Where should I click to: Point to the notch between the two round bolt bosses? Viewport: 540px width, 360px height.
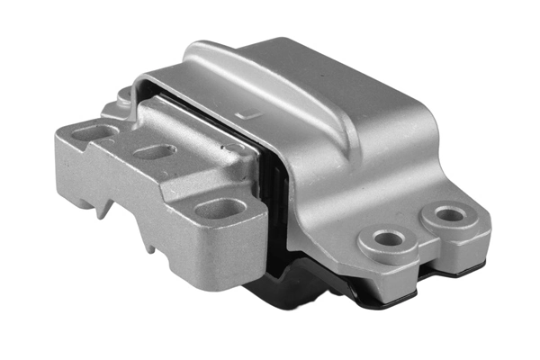tap(423, 237)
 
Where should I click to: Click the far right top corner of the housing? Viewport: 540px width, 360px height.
tap(396, 67)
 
